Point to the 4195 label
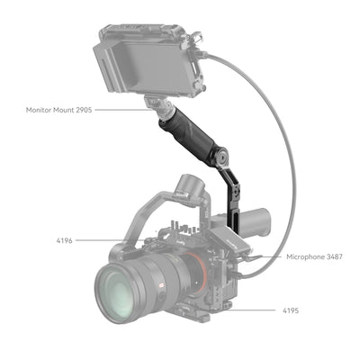[x=288, y=310]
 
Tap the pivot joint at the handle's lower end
[x=220, y=162]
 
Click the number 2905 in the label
[x=83, y=111]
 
